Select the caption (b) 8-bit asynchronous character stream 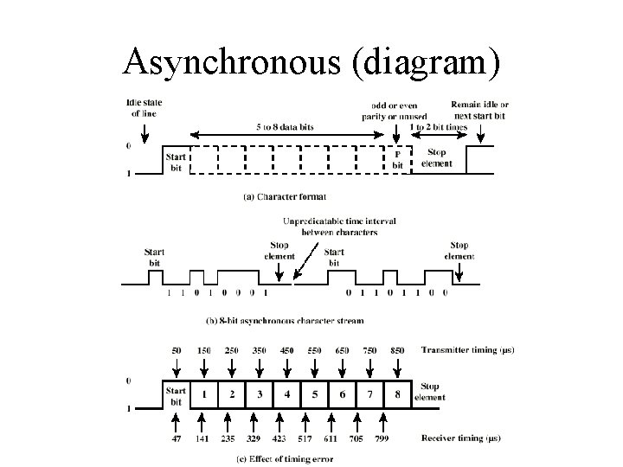pos(285,320)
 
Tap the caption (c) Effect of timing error pos(284,458)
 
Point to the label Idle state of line pos(145,108)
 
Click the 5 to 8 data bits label pos(286,127)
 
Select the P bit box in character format pos(398,159)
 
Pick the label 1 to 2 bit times pos(439,127)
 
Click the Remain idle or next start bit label pos(480,109)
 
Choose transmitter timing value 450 pos(287,349)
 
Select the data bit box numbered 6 pos(342,394)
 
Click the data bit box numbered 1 pos(204,394)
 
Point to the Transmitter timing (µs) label pos(467,349)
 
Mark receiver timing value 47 pos(176,438)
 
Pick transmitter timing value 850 pos(398,349)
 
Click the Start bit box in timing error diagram pos(176,394)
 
